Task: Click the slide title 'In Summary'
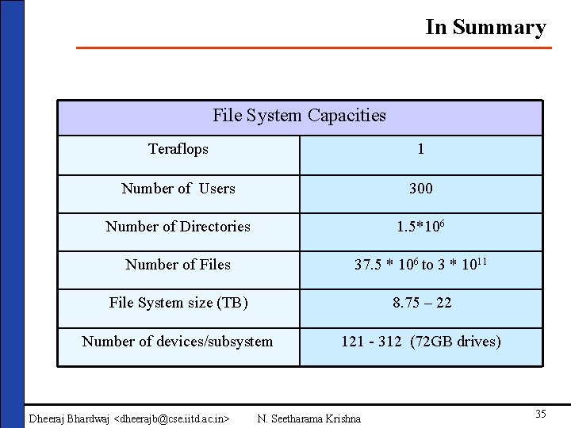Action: click(x=485, y=27)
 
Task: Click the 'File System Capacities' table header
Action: click(x=299, y=116)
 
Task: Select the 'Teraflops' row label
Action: click(x=178, y=149)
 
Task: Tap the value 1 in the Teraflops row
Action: click(x=420, y=149)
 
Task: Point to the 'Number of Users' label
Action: click(x=178, y=189)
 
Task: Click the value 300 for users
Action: click(x=420, y=189)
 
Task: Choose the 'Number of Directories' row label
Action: click(x=178, y=227)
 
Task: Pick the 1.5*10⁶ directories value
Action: click(x=420, y=227)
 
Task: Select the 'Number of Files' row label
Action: click(x=178, y=265)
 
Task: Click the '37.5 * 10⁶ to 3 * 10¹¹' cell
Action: click(x=420, y=265)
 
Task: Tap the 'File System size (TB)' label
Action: click(x=178, y=303)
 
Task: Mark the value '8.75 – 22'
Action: click(x=420, y=303)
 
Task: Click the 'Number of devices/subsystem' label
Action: click(x=178, y=342)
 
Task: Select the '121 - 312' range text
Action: click(x=371, y=342)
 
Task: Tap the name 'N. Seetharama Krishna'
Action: click(x=309, y=418)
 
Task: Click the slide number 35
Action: click(x=540, y=414)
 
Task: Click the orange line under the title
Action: click(x=313, y=48)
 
